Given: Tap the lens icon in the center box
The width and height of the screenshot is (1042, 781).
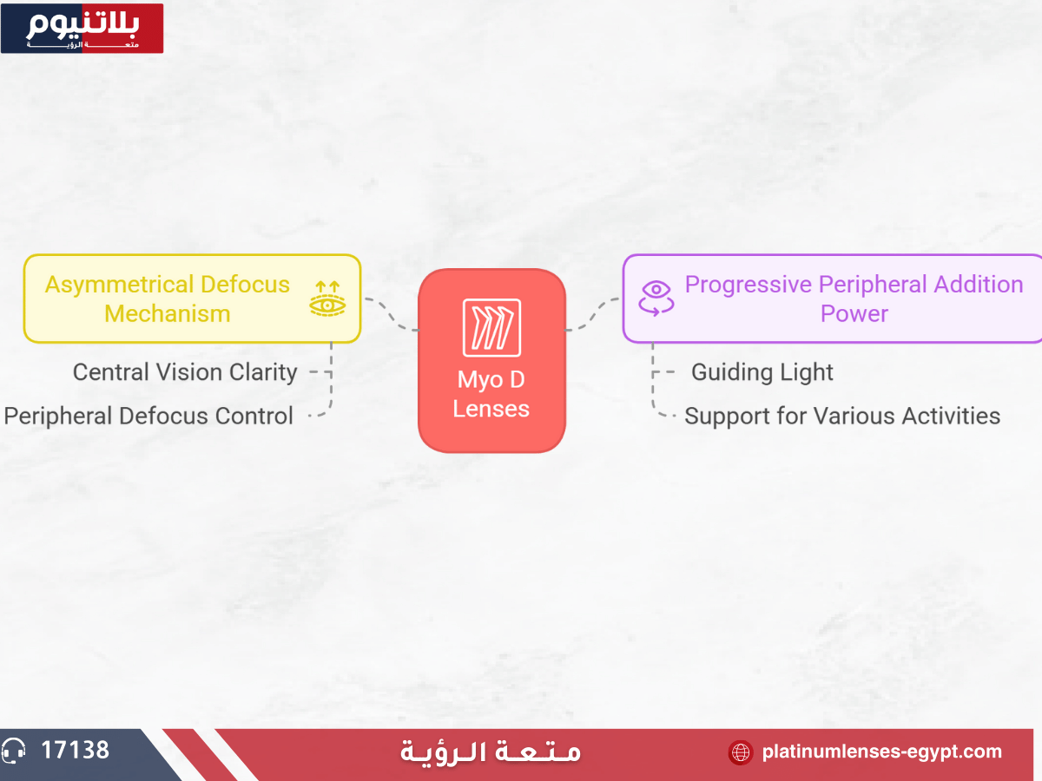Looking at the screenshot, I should tap(491, 327).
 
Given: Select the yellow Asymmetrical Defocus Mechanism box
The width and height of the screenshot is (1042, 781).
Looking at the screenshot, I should tap(191, 299).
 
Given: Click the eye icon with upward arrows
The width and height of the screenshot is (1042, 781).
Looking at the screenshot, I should tap(327, 298).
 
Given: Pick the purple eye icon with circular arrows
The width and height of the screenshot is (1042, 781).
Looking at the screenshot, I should tap(656, 298).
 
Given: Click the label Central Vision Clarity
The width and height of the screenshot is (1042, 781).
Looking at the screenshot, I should tap(185, 372).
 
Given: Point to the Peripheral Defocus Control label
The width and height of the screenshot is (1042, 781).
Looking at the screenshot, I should tap(148, 416).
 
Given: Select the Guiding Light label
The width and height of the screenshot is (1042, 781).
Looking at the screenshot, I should tap(762, 372).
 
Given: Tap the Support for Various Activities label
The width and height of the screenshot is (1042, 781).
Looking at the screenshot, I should tap(841, 416).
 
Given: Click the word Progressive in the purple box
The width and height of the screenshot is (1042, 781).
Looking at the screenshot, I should tap(748, 285).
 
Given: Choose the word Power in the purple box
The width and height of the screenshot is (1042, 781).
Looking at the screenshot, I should tap(854, 314).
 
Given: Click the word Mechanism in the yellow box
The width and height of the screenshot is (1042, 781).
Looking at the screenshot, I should tap(167, 314).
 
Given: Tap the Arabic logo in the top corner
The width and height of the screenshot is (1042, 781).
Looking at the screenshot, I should tap(82, 28).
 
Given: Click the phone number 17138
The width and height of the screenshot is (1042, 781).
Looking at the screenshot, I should tap(76, 750).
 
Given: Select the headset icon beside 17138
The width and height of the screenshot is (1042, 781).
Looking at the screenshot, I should tap(14, 751).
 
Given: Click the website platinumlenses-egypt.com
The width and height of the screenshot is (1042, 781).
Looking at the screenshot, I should tap(881, 751).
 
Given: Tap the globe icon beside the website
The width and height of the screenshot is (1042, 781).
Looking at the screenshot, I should tap(740, 752).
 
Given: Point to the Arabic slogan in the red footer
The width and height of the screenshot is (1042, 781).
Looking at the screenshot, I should tap(491, 751).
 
